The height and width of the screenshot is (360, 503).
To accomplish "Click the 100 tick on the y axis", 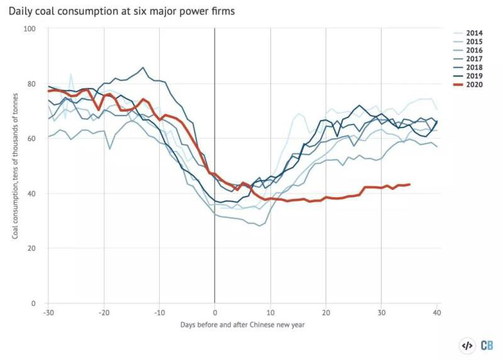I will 30,29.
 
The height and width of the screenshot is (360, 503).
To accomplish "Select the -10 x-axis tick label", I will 159,312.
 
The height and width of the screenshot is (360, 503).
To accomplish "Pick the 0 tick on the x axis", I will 215,312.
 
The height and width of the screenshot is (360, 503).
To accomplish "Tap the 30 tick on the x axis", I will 381,312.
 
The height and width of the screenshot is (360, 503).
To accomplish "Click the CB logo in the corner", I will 487,345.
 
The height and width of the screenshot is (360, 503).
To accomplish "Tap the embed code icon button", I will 467,345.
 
